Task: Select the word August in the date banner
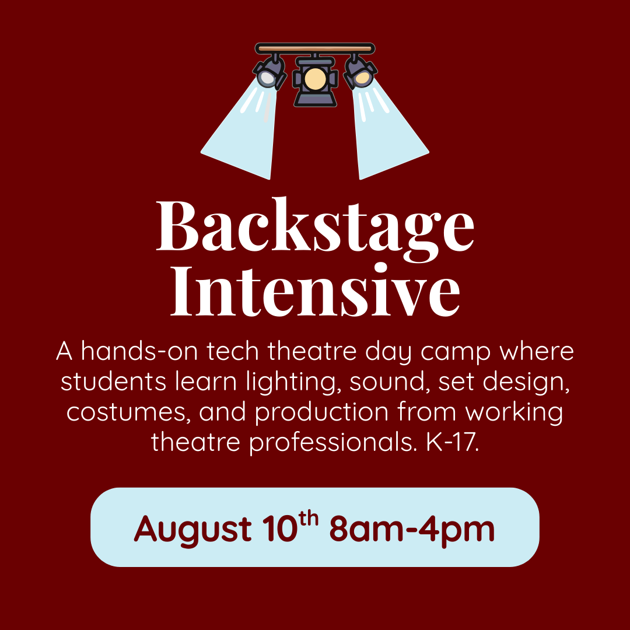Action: pyautogui.click(x=192, y=528)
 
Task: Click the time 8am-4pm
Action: pyautogui.click(x=412, y=528)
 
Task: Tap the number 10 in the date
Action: pyautogui.click(x=278, y=528)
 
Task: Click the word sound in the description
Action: pyautogui.click(x=382, y=382)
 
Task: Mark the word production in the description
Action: pyautogui.click(x=321, y=412)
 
